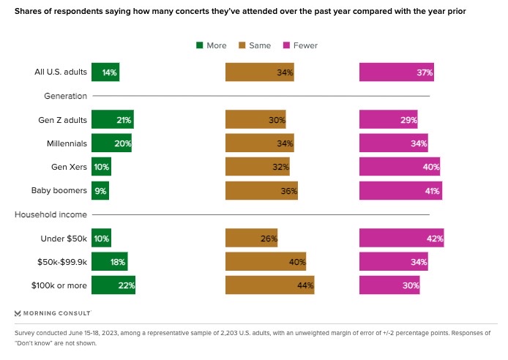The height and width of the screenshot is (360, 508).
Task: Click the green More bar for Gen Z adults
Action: click(x=112, y=120)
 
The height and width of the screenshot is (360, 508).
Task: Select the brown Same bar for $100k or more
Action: click(x=269, y=285)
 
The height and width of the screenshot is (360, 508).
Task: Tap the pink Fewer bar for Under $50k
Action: click(x=401, y=239)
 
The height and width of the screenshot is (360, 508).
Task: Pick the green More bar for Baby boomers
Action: click(x=100, y=191)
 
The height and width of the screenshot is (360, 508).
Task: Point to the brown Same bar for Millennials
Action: click(x=259, y=143)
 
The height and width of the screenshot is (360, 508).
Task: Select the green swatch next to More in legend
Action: click(x=199, y=45)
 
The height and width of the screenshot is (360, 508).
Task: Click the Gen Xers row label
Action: click(x=70, y=167)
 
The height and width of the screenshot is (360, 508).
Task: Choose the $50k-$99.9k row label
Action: click(x=61, y=262)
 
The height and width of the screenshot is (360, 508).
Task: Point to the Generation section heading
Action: click(x=66, y=96)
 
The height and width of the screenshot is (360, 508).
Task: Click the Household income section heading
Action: click(x=51, y=214)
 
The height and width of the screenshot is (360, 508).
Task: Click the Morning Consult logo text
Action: click(x=57, y=313)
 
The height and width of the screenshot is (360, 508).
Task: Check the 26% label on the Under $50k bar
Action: click(x=268, y=239)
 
